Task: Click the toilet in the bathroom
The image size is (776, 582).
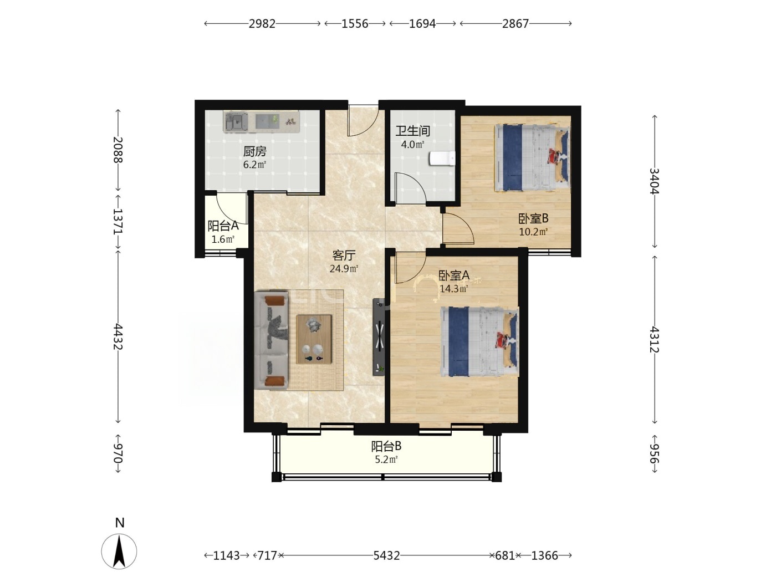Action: pyautogui.click(x=442, y=159)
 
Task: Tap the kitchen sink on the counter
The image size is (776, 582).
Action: pyautogui.click(x=237, y=122)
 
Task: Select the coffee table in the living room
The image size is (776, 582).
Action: pyautogui.click(x=314, y=339)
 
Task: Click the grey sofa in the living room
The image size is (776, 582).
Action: pyautogui.click(x=271, y=340)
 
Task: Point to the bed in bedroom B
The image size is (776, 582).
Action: pyautogui.click(x=532, y=157)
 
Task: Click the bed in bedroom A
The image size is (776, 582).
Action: pyautogui.click(x=479, y=341)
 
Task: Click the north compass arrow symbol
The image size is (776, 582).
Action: pyautogui.click(x=119, y=551)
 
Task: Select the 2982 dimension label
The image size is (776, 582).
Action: pyautogui.click(x=262, y=24)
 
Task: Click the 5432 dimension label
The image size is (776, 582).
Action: pyautogui.click(x=386, y=555)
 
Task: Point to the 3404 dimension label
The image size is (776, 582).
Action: pyautogui.click(x=655, y=181)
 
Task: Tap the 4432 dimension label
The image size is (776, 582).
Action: pyautogui.click(x=118, y=337)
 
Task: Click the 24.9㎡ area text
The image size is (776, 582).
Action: pyautogui.click(x=344, y=269)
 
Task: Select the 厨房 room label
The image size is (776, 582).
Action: pyautogui.click(x=254, y=151)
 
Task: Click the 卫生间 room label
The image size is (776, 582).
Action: pyautogui.click(x=412, y=131)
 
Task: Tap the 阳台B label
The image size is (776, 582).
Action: pyautogui.click(x=386, y=446)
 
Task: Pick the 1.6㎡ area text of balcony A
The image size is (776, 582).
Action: pyautogui.click(x=223, y=239)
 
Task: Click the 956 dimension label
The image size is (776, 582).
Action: pyautogui.click(x=655, y=454)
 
